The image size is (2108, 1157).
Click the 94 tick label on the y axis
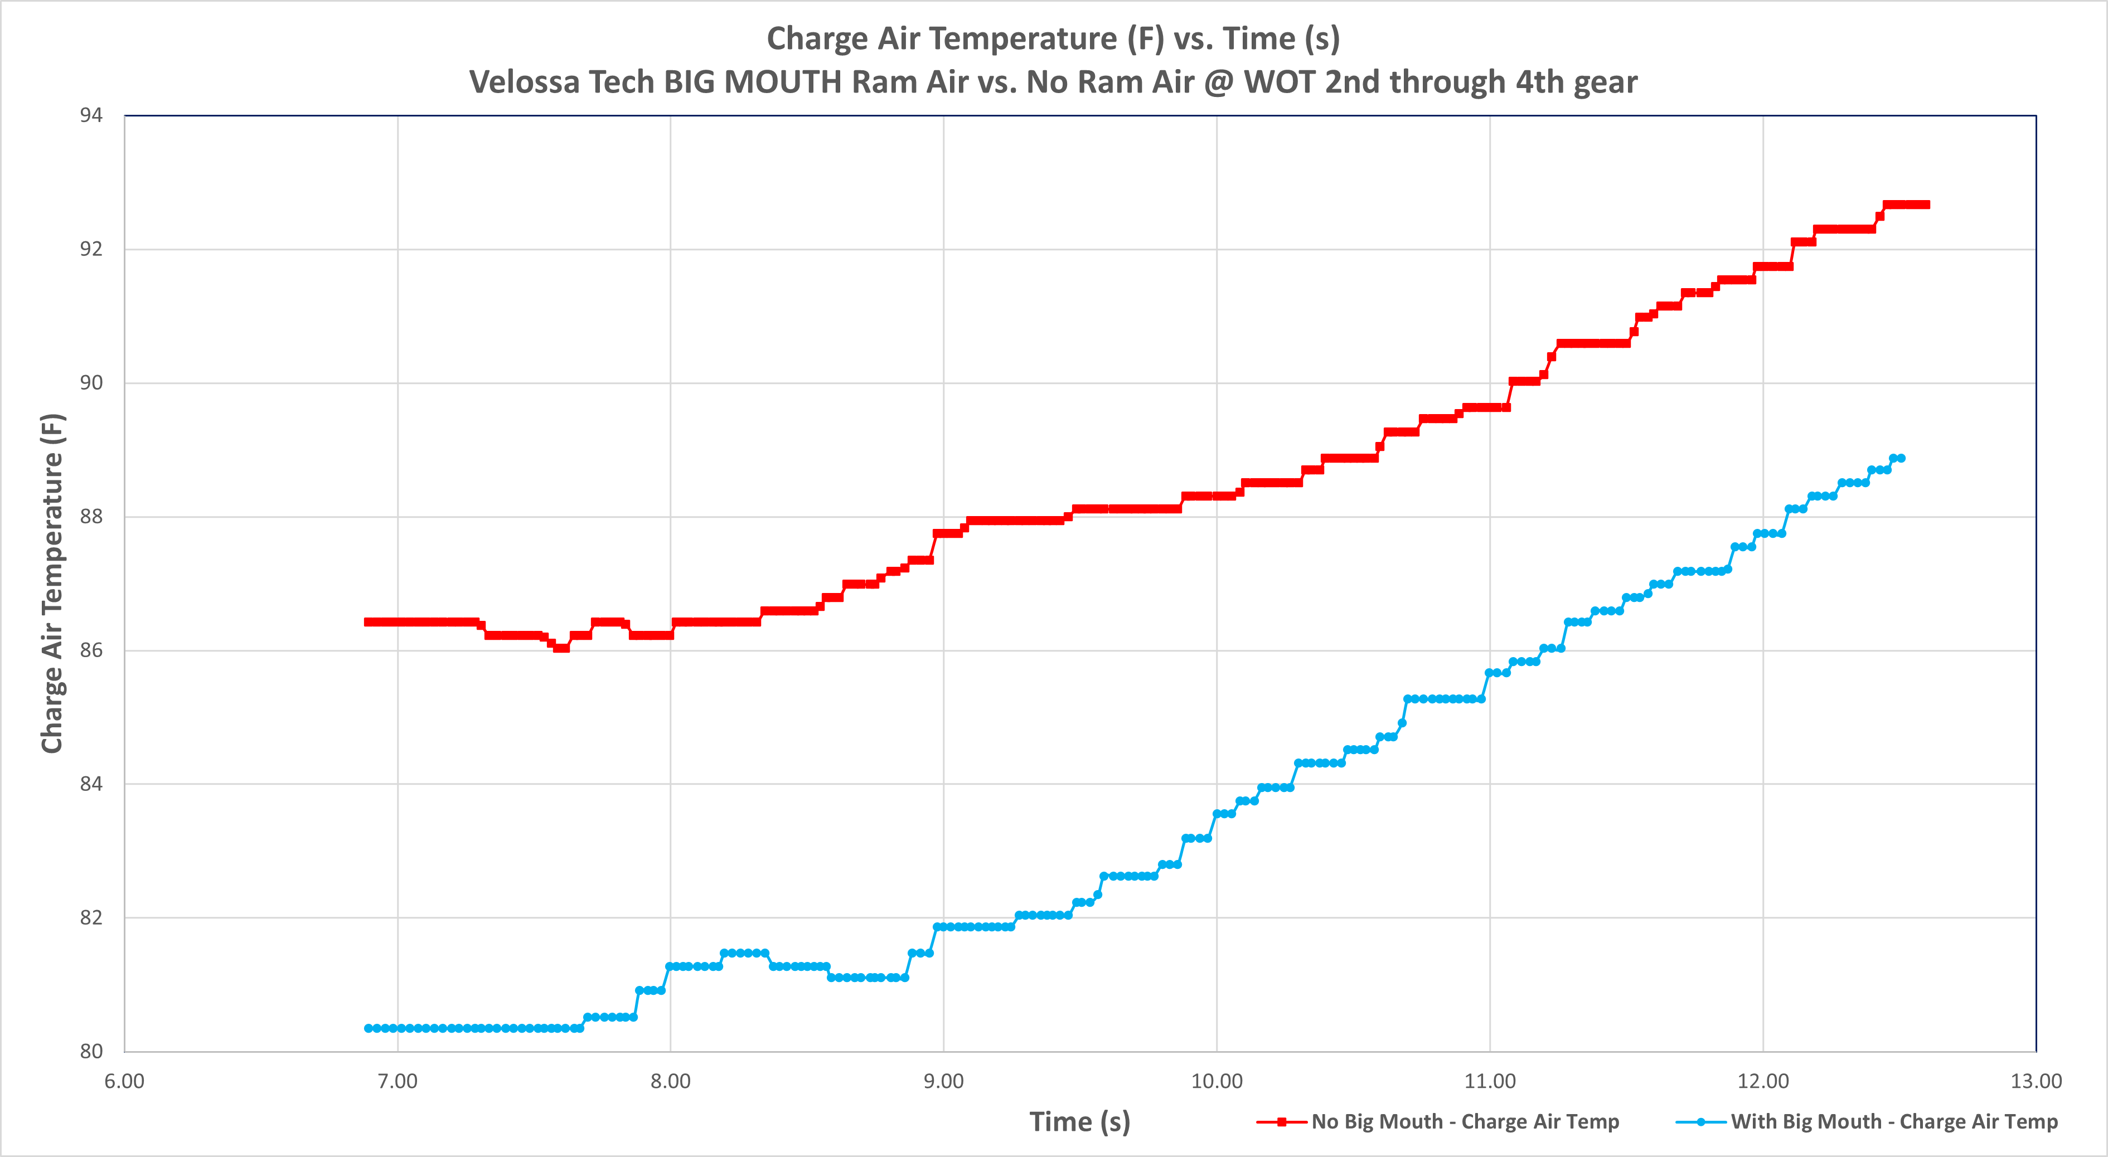[91, 115]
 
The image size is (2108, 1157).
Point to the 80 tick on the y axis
[91, 1052]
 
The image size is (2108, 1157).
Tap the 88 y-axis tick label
[91, 516]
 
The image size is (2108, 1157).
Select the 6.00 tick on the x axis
[124, 1081]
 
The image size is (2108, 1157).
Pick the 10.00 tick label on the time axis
[1216, 1081]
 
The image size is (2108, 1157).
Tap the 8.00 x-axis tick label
[670, 1081]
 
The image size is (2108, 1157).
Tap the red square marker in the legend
[1282, 1122]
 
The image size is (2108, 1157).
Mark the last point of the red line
[1926, 205]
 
